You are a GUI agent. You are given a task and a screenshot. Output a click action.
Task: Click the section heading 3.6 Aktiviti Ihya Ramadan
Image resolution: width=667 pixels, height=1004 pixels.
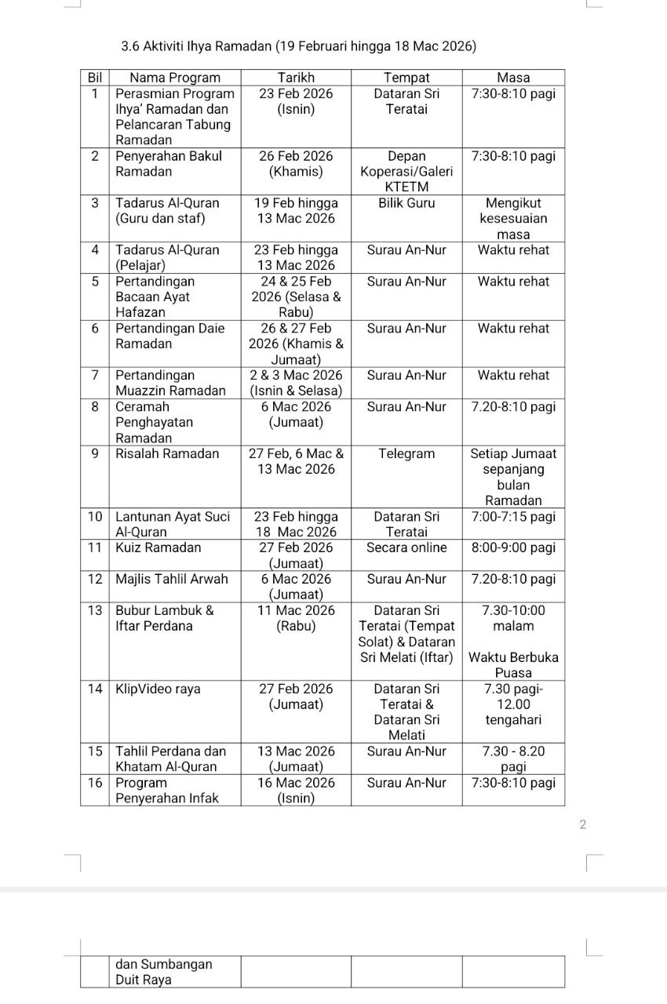tap(299, 46)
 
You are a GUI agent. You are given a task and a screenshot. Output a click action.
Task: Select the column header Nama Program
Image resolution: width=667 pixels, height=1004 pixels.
tap(175, 78)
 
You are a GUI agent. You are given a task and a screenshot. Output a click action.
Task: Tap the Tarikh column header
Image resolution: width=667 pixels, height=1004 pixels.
tap(296, 78)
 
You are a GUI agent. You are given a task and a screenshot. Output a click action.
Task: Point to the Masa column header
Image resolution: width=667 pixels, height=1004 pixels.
tap(513, 78)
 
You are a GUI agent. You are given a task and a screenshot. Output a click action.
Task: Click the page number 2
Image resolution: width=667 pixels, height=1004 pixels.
tap(582, 824)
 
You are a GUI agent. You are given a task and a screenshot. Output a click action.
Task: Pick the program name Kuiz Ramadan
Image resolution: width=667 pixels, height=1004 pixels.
tap(159, 547)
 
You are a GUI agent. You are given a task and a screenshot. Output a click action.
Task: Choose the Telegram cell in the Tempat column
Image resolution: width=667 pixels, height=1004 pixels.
tap(406, 453)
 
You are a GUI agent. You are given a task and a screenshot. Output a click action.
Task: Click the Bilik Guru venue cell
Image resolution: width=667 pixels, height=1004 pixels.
tap(406, 202)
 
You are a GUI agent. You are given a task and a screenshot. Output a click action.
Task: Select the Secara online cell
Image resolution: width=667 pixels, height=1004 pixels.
tap(406, 547)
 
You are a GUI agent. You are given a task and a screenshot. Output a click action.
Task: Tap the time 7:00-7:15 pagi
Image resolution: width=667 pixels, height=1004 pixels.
tap(513, 516)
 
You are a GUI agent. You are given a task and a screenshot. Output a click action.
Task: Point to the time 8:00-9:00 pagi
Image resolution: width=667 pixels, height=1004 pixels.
tap(513, 547)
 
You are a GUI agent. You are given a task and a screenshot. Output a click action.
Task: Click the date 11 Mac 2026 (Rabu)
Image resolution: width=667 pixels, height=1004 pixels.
tap(296, 618)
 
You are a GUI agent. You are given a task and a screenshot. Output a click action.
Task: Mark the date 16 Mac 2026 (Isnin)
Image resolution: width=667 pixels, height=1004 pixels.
tap(296, 790)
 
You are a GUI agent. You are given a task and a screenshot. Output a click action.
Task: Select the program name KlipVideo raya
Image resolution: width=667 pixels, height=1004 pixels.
tap(158, 689)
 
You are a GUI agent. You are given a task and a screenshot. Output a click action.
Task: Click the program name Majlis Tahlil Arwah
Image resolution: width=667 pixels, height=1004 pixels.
tap(172, 579)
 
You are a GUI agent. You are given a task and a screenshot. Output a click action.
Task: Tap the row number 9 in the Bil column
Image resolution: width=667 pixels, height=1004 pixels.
tap(95, 453)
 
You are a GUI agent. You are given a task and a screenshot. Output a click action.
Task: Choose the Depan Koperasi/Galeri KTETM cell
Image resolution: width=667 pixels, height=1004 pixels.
tap(406, 171)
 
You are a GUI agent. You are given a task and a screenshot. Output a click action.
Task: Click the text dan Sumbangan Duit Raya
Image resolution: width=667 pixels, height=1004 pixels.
tap(164, 972)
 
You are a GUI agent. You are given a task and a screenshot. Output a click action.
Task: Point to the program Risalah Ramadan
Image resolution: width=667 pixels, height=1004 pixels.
tap(168, 453)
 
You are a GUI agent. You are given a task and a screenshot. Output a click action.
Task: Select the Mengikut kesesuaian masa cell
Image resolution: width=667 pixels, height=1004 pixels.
tap(513, 218)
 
